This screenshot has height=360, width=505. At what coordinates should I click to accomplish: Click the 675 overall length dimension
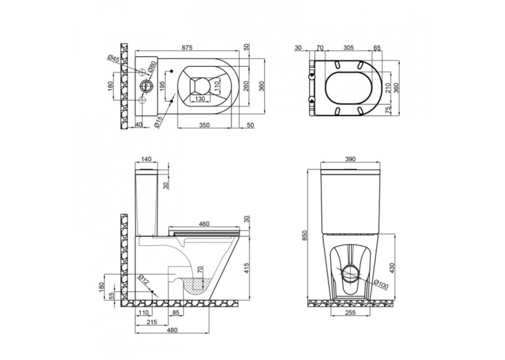coord(187,48)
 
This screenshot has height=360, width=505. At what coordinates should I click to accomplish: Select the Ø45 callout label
coord(114,60)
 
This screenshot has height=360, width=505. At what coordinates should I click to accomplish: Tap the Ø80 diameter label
coord(152,67)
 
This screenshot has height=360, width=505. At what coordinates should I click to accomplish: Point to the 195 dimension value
coord(162,87)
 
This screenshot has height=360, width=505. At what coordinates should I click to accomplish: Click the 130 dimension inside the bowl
coord(200,99)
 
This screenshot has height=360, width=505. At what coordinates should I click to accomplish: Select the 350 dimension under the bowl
coord(205,125)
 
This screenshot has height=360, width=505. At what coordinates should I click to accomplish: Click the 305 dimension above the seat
coord(349,48)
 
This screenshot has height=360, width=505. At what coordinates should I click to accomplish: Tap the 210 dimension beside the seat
coord(387,88)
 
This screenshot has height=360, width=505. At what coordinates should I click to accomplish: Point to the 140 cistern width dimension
coord(146,159)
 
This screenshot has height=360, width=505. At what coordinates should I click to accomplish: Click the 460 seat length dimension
coord(204,224)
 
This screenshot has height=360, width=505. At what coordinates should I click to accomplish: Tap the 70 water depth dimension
coord(200,270)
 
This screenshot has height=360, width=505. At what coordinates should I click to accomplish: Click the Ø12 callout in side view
coord(144,279)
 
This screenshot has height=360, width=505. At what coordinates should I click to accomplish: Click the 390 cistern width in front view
coord(350,159)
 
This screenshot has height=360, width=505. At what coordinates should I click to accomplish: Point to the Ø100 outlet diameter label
coord(382,284)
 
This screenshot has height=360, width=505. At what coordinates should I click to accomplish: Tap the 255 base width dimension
coord(350,312)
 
